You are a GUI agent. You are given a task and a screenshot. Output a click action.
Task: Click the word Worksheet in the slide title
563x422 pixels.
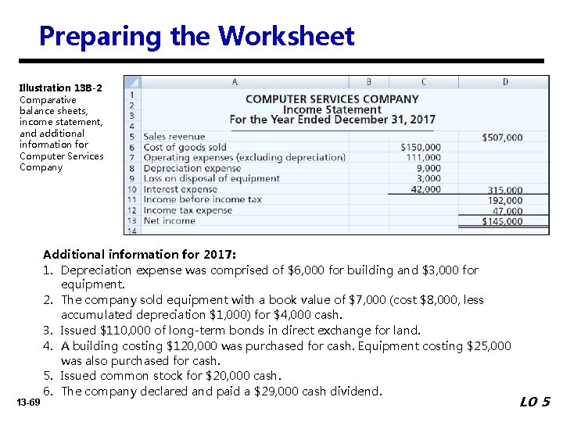(x=286, y=37)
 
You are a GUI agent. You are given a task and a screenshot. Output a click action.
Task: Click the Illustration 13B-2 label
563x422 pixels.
(x=61, y=88)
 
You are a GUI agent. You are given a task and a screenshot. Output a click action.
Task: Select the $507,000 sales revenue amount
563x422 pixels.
(x=502, y=138)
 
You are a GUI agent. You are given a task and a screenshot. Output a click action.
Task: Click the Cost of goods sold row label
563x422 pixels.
(x=185, y=147)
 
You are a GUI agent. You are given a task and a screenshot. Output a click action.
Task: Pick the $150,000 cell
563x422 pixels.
(x=420, y=147)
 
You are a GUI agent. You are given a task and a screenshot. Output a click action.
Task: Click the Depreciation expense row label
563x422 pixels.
(x=192, y=168)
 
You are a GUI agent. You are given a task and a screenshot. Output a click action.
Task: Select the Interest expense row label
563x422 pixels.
(x=181, y=189)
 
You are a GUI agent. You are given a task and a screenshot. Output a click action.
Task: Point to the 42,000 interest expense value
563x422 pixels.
(x=425, y=189)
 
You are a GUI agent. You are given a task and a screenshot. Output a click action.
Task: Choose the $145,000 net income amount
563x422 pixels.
(x=502, y=221)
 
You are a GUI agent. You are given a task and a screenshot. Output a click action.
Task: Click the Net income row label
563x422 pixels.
(x=170, y=221)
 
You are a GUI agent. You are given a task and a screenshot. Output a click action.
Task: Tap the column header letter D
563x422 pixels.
(x=505, y=81)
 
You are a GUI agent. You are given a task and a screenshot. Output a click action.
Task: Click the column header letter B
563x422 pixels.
(x=369, y=81)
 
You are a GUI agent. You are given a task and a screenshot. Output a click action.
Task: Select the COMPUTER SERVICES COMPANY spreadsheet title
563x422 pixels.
(x=332, y=99)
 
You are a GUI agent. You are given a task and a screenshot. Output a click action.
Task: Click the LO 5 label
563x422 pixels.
(x=535, y=402)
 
